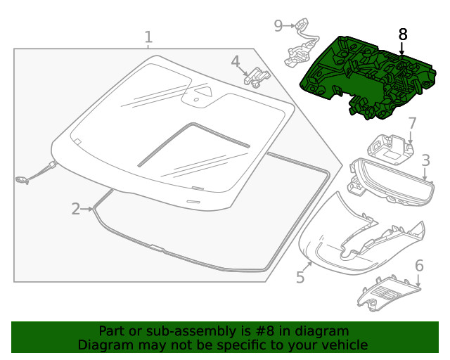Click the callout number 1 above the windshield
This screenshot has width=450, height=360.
(148, 37)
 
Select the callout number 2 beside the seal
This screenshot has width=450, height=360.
(76, 208)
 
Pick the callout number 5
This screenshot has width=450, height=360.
(300, 277)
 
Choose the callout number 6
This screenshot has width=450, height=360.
(419, 266)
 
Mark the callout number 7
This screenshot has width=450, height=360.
(412, 124)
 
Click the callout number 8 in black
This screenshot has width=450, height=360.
(402, 34)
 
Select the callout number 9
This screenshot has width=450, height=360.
(278, 25)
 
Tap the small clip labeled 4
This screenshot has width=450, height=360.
(257, 75)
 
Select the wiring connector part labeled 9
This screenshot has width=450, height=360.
(297, 49)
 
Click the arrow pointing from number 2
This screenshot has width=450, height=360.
(87, 208)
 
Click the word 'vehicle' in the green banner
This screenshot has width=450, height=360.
(342, 345)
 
